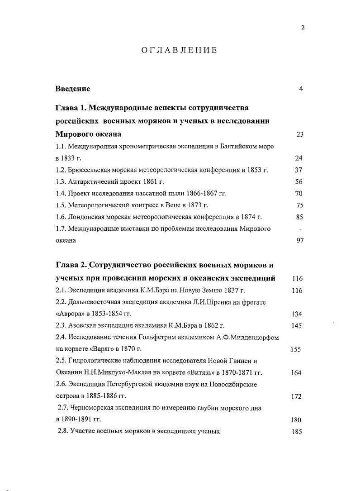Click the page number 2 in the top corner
[303, 27]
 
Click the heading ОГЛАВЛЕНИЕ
[180, 50]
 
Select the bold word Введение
[73, 89]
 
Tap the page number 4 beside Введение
[301, 89]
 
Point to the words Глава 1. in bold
[71, 108]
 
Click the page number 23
[299, 134]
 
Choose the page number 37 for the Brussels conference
[299, 170]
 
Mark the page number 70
[299, 194]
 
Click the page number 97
[299, 241]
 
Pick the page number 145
[297, 325]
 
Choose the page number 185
[297, 432]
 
